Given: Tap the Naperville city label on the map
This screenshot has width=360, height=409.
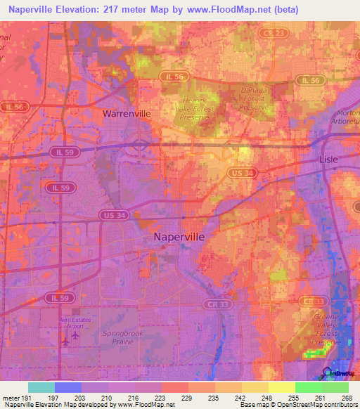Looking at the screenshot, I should click(x=179, y=238).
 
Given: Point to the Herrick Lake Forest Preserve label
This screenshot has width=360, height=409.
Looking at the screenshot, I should click(x=192, y=109).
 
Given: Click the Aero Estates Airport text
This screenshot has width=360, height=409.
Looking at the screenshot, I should click(x=76, y=323).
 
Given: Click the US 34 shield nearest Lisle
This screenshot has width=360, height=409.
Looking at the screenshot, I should click(x=241, y=172).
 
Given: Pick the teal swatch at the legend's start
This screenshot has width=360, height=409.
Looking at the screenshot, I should click(x=41, y=387).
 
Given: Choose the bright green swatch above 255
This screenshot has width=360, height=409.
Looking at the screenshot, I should click(x=308, y=387).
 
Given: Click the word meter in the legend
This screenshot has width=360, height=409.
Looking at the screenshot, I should click(x=9, y=397).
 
